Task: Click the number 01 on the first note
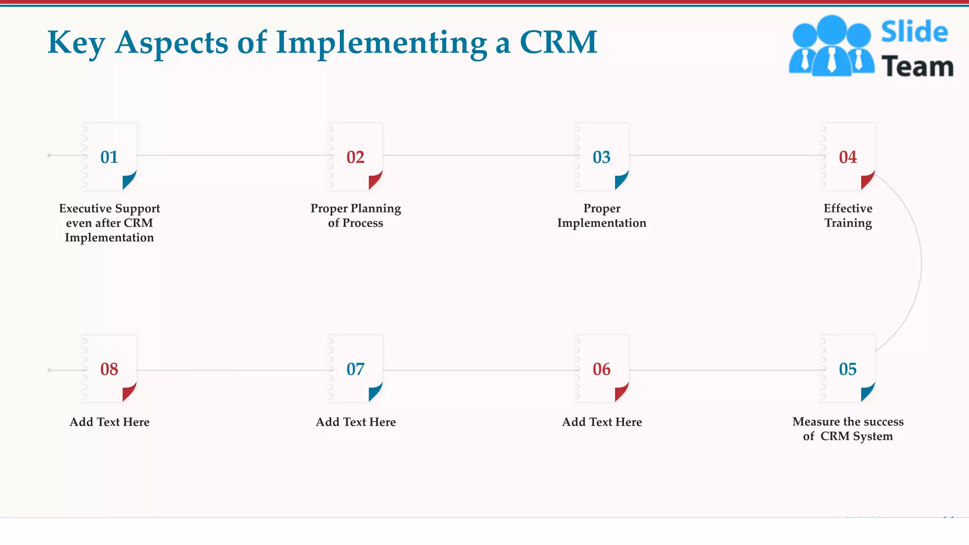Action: (x=109, y=157)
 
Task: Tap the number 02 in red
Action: (x=355, y=157)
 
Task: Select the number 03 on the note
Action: (x=601, y=157)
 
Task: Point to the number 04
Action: (x=847, y=157)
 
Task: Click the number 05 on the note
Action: (x=847, y=369)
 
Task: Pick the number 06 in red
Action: (x=601, y=369)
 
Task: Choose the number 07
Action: (x=355, y=369)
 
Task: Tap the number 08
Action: (x=109, y=369)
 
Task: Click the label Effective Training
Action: (x=848, y=215)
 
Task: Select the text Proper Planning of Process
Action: (x=355, y=215)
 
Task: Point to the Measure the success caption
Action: (x=848, y=428)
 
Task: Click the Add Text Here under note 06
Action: (x=602, y=422)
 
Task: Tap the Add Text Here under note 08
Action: (x=109, y=422)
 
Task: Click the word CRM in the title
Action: (x=558, y=43)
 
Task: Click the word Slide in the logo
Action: (x=914, y=32)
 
